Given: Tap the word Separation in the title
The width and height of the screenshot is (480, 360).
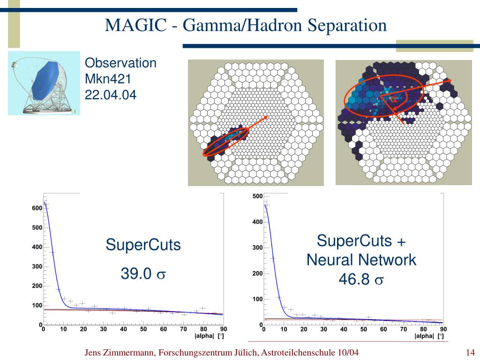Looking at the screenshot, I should tap(347, 24).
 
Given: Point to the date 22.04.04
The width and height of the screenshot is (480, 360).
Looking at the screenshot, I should tap(111, 95).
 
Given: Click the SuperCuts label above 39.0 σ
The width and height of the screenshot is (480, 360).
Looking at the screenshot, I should tap(143, 245).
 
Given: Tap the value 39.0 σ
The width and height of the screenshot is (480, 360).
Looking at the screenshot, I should tap(143, 274).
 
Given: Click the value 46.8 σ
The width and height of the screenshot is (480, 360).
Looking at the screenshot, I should tap(361, 280).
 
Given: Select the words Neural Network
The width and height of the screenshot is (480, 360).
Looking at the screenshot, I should tap(361, 260).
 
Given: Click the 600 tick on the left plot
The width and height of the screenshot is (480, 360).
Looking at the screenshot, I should tap(37, 209).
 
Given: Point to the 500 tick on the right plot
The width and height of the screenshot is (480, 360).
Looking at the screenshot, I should tap(257, 196).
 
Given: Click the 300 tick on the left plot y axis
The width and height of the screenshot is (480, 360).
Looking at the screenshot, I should tap(37, 267).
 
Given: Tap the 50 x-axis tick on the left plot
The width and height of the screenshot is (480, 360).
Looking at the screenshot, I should tap(143, 330).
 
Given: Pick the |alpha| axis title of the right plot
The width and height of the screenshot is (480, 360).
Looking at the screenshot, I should tap(424, 336).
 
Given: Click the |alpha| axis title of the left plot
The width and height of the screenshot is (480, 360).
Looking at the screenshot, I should tap(204, 336).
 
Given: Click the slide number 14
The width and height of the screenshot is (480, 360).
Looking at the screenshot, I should tap(471, 352).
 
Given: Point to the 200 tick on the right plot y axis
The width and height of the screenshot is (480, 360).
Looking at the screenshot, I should tap(257, 274).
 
